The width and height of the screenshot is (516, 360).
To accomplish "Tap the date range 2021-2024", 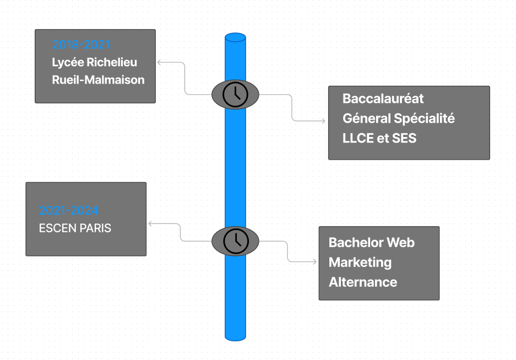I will point(69,210).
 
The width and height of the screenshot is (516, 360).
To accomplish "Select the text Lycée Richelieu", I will point(94,62).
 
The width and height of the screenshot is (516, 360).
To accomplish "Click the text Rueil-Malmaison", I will point(98,80).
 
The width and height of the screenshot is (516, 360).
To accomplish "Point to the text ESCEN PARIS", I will point(75,228).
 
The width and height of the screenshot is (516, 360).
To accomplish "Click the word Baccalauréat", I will point(383,99).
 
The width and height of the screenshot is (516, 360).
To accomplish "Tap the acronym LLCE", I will point(357,138).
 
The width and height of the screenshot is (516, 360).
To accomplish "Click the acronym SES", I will point(404,138).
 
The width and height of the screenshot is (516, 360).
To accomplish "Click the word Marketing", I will point(360,263).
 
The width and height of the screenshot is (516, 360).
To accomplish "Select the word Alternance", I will point(362,282).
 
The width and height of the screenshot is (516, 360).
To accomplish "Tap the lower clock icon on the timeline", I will point(235,241).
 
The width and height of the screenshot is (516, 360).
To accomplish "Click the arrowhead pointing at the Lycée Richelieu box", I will point(160,62).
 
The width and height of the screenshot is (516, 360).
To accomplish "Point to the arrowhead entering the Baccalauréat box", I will point(325,121).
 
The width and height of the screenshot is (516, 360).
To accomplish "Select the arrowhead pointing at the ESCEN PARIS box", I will point(151,223).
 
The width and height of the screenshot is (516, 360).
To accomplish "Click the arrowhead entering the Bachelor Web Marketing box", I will point(316,261).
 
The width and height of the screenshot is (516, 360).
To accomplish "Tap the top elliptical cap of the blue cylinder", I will point(235,37).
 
